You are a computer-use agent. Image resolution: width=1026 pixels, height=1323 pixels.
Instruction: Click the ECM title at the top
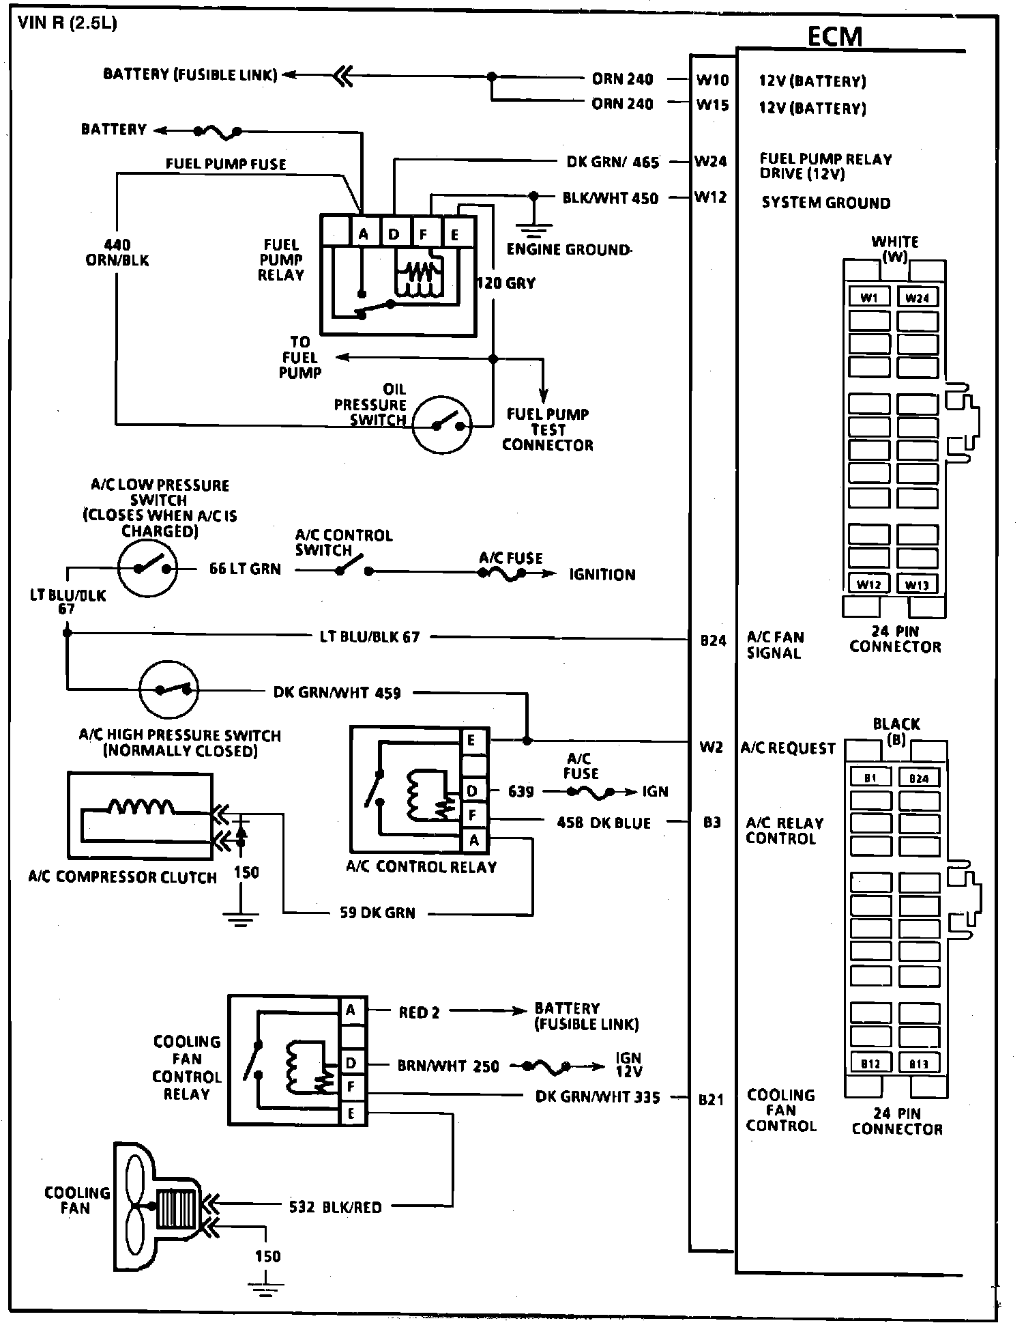coord(834,36)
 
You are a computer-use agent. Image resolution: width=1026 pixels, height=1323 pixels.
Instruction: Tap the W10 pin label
coord(712,81)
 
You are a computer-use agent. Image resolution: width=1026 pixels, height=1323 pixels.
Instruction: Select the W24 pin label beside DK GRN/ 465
coord(711,162)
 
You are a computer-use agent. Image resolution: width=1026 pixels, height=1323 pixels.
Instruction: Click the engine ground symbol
coord(533,223)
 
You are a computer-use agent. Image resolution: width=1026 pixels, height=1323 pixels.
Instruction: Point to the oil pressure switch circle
coord(443,424)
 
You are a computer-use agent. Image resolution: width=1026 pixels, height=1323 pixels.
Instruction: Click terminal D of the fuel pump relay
coord(394,235)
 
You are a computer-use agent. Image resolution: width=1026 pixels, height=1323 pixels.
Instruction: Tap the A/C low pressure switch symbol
coord(148,567)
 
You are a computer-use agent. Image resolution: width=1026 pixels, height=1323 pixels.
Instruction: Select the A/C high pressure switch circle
coord(168,689)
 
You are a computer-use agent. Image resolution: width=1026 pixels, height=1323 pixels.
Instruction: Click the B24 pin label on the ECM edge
coord(714,640)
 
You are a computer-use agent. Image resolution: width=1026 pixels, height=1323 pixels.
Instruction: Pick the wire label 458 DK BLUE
coord(604,823)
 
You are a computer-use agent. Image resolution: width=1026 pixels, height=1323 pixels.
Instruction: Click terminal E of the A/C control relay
coord(473,741)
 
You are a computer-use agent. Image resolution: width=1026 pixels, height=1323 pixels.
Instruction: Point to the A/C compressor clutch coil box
coord(140,815)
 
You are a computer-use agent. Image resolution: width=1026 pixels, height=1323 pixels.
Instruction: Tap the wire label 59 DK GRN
coord(377,913)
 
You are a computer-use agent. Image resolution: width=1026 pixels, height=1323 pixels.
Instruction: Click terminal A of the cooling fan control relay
coord(351,1010)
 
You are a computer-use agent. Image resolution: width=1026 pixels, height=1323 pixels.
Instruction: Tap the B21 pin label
coord(711,1100)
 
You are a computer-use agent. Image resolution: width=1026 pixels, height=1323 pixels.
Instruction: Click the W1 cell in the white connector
coord(869,298)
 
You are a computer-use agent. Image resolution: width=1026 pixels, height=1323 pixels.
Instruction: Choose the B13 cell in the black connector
coord(918,1064)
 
